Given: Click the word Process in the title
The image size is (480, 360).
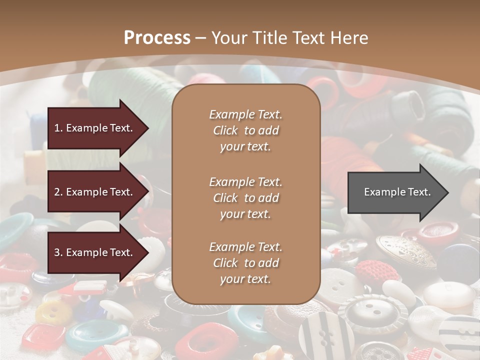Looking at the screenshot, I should tap(157, 38).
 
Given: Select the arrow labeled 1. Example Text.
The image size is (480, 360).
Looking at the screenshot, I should tap(95, 128).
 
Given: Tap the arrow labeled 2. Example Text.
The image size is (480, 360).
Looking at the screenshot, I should tap(95, 192).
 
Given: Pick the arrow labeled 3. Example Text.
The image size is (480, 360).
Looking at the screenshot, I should tap(95, 252).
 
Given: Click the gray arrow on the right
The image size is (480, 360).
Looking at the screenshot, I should tap(395, 192).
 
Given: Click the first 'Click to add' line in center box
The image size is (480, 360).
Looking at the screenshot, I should tap(245, 130).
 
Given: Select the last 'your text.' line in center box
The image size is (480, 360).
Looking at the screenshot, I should tap(245, 279).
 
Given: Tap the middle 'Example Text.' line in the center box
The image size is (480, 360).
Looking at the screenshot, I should tap(245, 181).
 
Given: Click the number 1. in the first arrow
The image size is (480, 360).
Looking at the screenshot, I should tap(58, 128).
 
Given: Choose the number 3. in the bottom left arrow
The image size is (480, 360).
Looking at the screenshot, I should tap(58, 252).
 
